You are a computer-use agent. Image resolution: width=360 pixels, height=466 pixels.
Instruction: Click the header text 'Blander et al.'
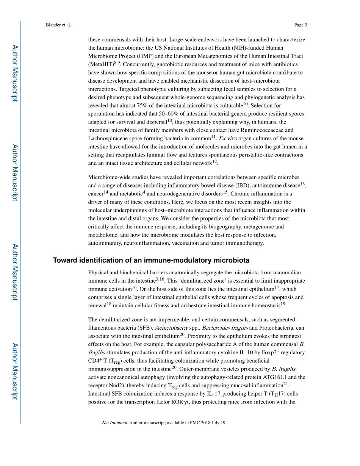tap(58, 25)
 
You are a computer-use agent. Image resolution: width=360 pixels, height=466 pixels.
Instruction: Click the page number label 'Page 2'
tap(300, 25)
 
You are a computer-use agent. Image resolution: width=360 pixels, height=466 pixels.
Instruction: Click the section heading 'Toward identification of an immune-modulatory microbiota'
tap(151, 260)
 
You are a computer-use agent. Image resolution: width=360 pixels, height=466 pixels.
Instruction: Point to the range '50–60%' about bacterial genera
tap(180, 114)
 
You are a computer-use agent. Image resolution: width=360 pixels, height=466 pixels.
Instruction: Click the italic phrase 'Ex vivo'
tap(228, 139)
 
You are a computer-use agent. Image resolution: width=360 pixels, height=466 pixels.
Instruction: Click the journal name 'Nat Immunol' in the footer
tap(114, 423)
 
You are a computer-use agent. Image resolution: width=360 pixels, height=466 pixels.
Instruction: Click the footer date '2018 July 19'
tap(213, 423)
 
